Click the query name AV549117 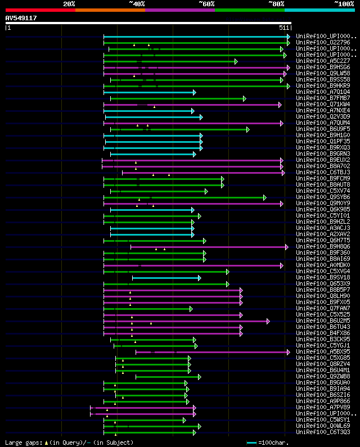[21, 18]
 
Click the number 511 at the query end [284, 28]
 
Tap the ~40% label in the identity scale [137, 4]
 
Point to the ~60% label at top [206, 4]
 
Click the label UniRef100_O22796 [323, 43]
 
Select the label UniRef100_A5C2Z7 [323, 61]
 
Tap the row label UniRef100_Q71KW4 [323, 105]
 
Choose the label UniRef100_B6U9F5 [323, 129]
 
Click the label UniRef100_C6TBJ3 [323, 173]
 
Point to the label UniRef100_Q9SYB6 [323, 197]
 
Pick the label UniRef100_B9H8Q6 [323, 247]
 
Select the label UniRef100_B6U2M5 [323, 321]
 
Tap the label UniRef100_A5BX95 [323, 352]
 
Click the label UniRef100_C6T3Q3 [323, 432]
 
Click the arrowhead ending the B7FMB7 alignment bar [245, 98]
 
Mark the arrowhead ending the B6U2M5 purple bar [268, 321]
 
